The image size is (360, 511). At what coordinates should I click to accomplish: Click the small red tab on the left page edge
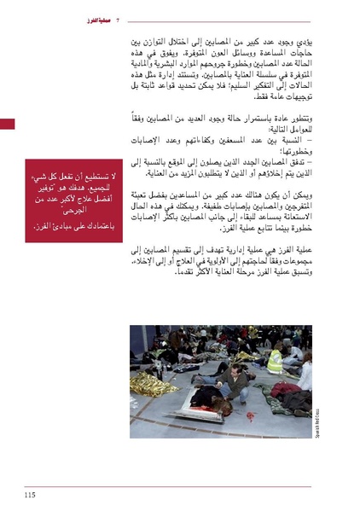pyautogui.click(x=8, y=125)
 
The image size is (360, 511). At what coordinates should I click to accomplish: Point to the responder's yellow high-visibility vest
pyautogui.click(x=275, y=362)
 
